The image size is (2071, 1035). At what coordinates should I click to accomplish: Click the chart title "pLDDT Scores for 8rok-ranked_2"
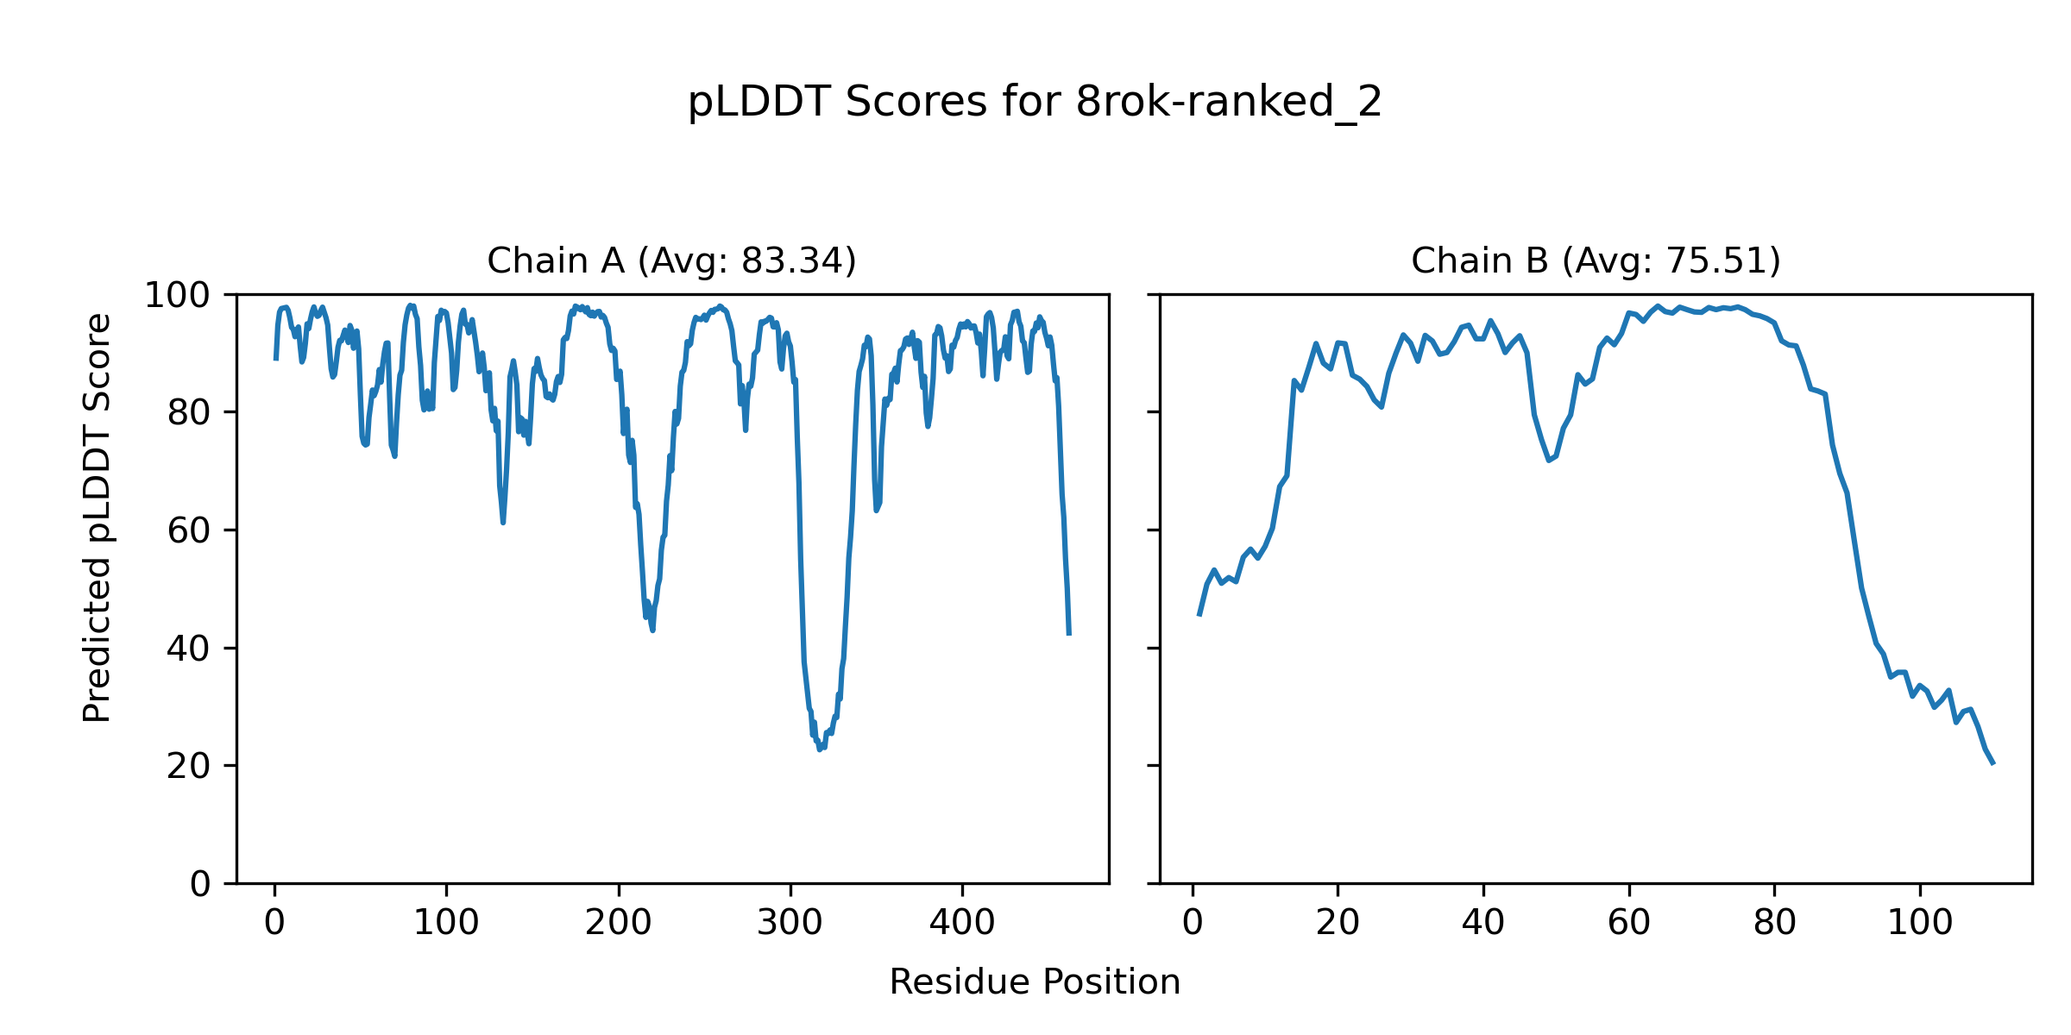(x=1035, y=103)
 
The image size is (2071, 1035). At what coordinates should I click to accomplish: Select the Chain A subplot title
(x=671, y=260)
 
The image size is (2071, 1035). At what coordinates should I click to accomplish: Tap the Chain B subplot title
(x=1596, y=260)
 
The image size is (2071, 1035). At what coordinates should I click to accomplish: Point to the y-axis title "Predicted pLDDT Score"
(x=98, y=517)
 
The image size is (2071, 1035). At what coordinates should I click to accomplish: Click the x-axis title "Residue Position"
(x=1035, y=982)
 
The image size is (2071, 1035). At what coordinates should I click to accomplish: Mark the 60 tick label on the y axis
(x=189, y=531)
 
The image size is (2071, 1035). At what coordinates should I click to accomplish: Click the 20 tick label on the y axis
(x=189, y=767)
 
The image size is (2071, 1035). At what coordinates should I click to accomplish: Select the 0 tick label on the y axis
(x=200, y=884)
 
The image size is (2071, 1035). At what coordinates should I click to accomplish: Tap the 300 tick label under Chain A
(x=790, y=923)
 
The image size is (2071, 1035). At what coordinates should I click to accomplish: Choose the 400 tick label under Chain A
(x=962, y=923)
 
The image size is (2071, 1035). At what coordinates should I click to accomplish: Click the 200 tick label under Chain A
(x=618, y=923)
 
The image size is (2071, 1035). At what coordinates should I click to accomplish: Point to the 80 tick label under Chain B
(x=1774, y=923)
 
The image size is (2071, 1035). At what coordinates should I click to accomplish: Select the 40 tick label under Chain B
(x=1483, y=923)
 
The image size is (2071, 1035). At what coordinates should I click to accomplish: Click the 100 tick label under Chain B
(x=1920, y=923)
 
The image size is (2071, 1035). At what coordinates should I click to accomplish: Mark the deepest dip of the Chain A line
(x=820, y=750)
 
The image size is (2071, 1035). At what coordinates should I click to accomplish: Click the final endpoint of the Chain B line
(x=1993, y=764)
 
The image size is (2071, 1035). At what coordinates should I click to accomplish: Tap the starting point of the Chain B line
(x=1199, y=615)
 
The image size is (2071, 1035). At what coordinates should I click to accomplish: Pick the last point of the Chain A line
(x=1069, y=635)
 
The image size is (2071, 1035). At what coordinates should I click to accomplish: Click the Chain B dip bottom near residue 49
(x=1549, y=461)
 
